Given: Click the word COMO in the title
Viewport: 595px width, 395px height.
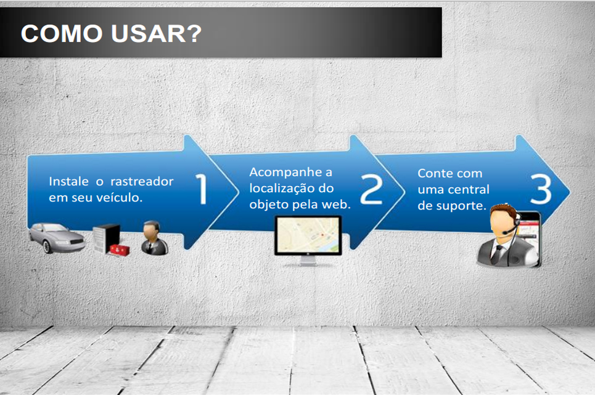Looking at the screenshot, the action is click(62, 33).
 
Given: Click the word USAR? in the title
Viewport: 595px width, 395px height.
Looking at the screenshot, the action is click(157, 33).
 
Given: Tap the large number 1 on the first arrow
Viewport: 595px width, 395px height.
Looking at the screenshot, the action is click(202, 189).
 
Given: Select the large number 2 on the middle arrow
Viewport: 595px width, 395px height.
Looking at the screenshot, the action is click(371, 189).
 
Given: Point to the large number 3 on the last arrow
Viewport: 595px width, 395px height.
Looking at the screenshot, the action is click(541, 189).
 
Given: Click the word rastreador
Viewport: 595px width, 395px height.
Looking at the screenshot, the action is click(142, 181).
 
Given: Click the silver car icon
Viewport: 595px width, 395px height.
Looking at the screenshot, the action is click(57, 238).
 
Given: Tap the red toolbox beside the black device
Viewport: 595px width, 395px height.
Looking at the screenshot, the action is click(119, 250).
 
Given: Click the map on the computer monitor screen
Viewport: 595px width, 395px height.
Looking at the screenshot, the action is click(308, 235).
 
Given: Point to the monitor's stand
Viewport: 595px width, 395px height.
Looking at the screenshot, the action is click(308, 261).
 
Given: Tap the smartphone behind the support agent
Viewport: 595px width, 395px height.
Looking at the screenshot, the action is click(530, 236).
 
